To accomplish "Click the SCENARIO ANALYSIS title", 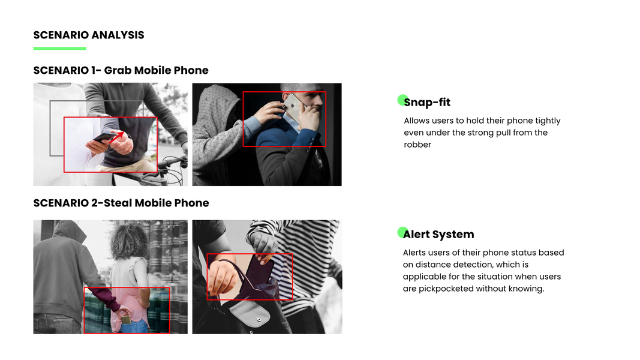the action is [89, 35].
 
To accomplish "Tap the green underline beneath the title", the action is [59, 49].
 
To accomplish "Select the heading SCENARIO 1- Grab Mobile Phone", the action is [121, 70].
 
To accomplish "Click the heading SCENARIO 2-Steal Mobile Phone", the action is [121, 203].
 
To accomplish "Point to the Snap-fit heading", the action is [427, 102].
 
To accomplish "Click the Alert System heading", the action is [438, 234].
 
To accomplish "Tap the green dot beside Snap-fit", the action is [402, 100].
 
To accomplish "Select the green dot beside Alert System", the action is [402, 232].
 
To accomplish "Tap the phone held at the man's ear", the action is [294, 107].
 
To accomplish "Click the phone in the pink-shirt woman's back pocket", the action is [127, 319].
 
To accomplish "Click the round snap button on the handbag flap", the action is [259, 319].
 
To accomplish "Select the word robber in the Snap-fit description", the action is [417, 145].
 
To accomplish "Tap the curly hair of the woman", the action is [129, 241].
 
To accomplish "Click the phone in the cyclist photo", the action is [102, 137].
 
